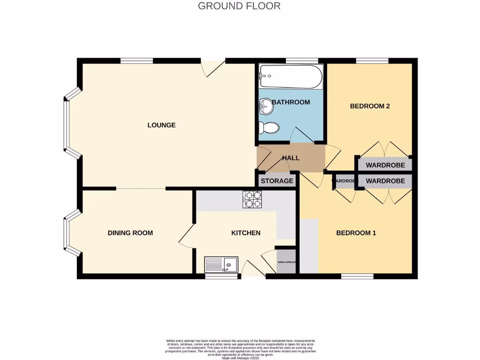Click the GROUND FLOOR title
pyautogui.click(x=239, y=6)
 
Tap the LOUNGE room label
pyautogui.click(x=161, y=125)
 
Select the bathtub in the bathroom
pyautogui.click(x=291, y=77)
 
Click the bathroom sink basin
pyautogui.click(x=265, y=107)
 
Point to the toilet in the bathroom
pyautogui.click(x=269, y=127)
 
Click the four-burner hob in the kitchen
pyautogui.click(x=252, y=199)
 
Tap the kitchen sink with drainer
pyautogui.click(x=221, y=265)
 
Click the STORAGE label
pyautogui.click(x=277, y=181)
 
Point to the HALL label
pyautogui.click(x=291, y=158)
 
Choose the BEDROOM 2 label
pyautogui.click(x=370, y=106)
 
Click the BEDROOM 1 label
pyautogui.click(x=356, y=233)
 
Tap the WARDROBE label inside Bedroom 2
pyautogui.click(x=385, y=165)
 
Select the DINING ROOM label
pyautogui.click(x=130, y=233)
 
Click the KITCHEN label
pyautogui.click(x=246, y=233)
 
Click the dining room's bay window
pyautogui.click(x=68, y=233)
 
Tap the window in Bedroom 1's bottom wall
pyautogui.click(x=357, y=277)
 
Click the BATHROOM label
pyautogui.click(x=291, y=102)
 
